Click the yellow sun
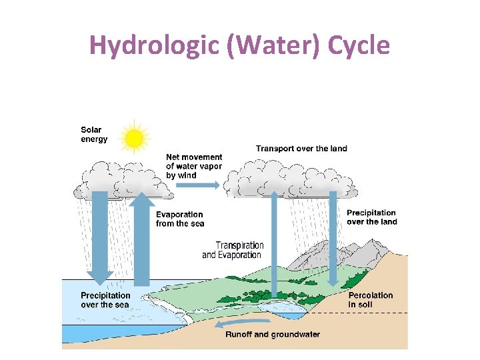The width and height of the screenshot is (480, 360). [135, 138]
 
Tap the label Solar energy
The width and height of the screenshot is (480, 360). [94, 134]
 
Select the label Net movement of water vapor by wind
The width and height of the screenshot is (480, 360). [194, 166]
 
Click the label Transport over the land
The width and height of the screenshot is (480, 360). [301, 148]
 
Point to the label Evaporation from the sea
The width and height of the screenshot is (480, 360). [179, 219]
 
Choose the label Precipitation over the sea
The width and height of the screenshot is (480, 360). [105, 300]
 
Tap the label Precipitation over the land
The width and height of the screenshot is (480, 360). [371, 217]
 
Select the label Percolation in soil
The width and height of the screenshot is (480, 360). [371, 300]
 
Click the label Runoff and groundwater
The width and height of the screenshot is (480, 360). [273, 335]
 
